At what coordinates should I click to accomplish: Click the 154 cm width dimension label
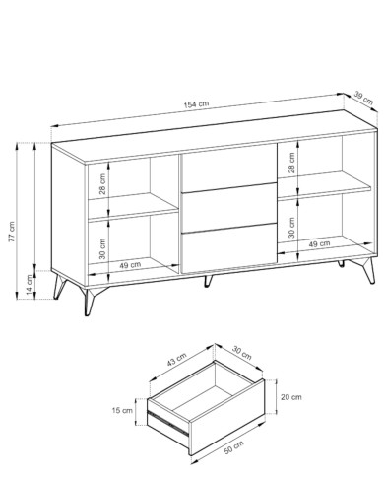pyautogui.click(x=196, y=104)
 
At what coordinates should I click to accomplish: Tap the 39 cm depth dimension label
pyautogui.click(x=363, y=98)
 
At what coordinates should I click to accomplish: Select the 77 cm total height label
pyautogui.click(x=12, y=232)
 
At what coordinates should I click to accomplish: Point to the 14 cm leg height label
pyautogui.click(x=30, y=285)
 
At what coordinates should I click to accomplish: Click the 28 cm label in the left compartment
pyautogui.click(x=102, y=184)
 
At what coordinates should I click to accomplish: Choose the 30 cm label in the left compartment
pyautogui.click(x=102, y=248)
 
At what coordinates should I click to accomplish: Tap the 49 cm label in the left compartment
pyautogui.click(x=130, y=265)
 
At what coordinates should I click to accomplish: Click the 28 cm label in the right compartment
pyautogui.click(x=291, y=163)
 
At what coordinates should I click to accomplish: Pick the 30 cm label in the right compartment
pyautogui.click(x=291, y=227)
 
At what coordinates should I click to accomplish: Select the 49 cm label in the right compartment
pyautogui.click(x=319, y=243)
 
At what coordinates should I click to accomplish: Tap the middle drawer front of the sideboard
pyautogui.click(x=228, y=208)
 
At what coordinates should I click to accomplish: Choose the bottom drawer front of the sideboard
pyautogui.click(x=228, y=248)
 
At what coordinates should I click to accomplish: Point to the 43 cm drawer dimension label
pyautogui.click(x=176, y=359)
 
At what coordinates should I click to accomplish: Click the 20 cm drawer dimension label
pyautogui.click(x=290, y=397)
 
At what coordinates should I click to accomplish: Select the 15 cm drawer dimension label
pyautogui.click(x=122, y=410)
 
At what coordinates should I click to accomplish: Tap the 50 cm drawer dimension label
pyautogui.click(x=233, y=447)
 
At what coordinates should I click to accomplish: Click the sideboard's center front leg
pyautogui.click(x=208, y=281)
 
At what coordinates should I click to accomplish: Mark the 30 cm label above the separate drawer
pyautogui.click(x=242, y=353)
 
